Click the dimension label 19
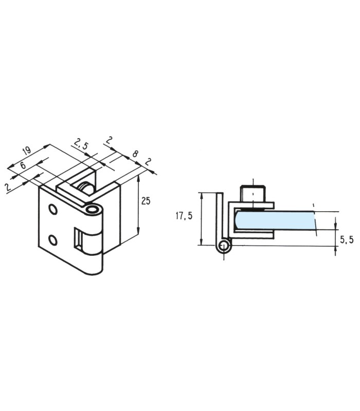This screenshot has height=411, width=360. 27,151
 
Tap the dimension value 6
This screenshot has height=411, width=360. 23,165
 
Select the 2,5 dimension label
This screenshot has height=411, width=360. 81,144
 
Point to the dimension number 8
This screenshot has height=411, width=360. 135,154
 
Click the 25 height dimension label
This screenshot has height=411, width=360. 146,201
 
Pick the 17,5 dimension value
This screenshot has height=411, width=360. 184,216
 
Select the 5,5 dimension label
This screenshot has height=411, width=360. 347,239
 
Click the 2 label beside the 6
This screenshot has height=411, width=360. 8,187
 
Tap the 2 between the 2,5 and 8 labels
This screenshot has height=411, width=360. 109,140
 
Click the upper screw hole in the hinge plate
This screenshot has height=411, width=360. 53,209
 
